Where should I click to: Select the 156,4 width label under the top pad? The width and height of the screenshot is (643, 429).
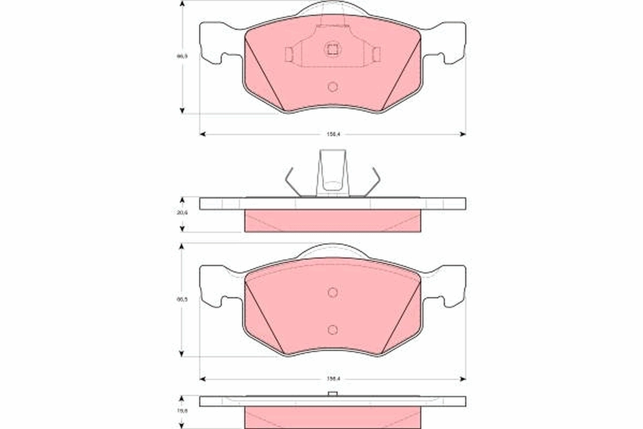coord(332,134)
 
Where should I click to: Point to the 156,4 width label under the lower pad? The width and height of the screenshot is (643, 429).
coord(332,379)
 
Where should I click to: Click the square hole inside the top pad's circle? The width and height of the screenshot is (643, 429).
coord(332,49)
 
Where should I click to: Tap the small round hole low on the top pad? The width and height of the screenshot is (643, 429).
coord(332,86)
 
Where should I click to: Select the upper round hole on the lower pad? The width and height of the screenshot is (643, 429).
coord(332,292)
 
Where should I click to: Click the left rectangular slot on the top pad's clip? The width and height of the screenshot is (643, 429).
coord(289,54)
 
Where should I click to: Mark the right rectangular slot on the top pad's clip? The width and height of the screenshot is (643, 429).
coord(376,54)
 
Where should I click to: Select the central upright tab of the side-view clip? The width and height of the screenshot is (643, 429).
coord(333,172)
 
